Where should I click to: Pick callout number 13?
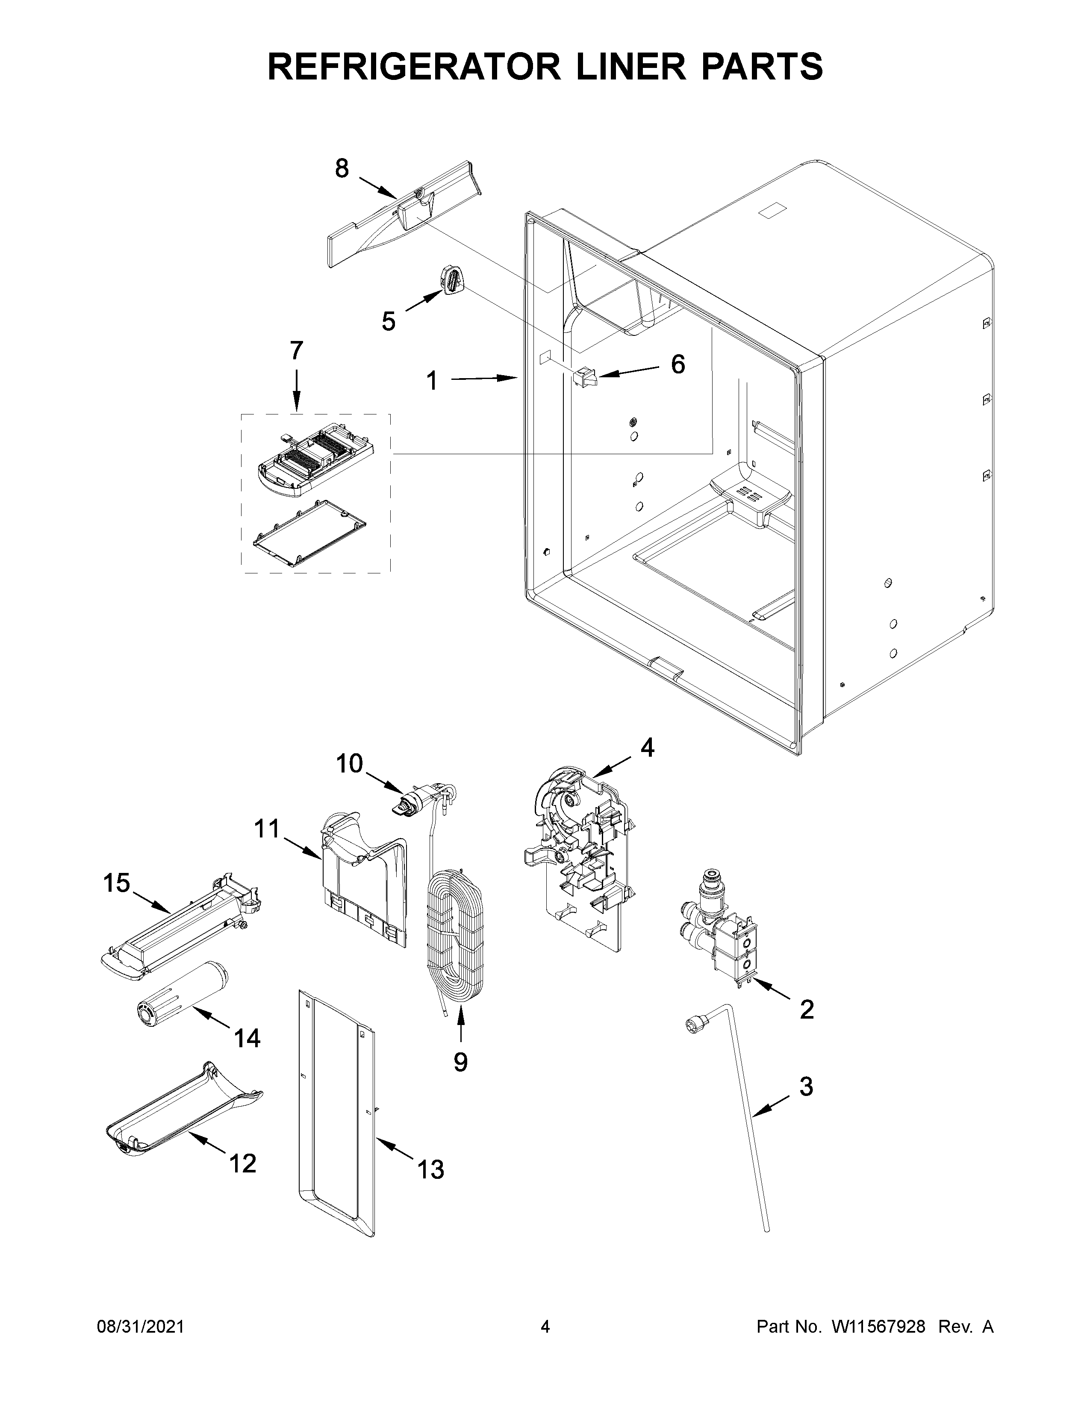coord(431,1170)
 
